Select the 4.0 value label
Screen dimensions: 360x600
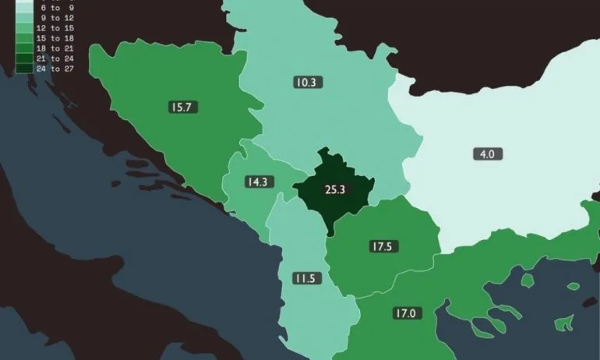pos(486,154)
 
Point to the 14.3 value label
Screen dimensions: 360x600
pos(256,182)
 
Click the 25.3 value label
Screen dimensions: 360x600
pos(334,189)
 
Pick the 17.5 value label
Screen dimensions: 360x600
pos(380,246)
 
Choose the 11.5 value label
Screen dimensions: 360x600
pos(305,278)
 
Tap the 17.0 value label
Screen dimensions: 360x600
pos(404,313)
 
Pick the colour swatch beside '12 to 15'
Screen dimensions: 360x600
pos(23,27)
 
